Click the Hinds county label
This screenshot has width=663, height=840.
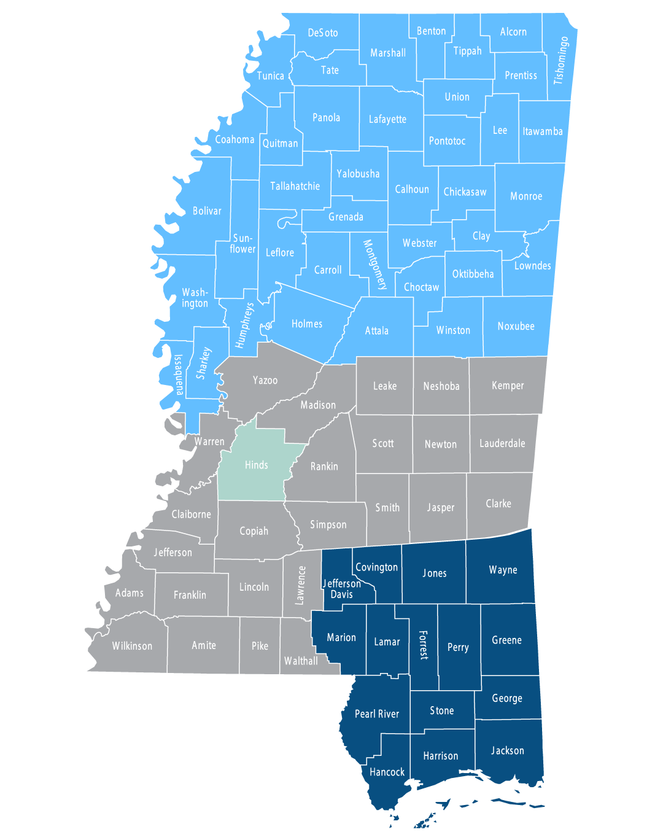[256, 465]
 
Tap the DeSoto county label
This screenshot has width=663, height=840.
[323, 33]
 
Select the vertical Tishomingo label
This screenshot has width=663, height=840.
[561, 60]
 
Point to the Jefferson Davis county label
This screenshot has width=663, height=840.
[342, 589]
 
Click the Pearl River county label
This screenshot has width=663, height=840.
[377, 714]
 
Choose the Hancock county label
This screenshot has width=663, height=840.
[387, 772]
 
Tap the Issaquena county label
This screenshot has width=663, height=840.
[179, 375]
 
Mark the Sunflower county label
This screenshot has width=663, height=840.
[242, 243]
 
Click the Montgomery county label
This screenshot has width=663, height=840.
[375, 265]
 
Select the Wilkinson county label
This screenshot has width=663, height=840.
[132, 646]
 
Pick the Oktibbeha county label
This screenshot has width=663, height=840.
[473, 274]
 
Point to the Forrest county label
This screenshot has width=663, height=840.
[423, 645]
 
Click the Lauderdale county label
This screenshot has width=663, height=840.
[502, 443]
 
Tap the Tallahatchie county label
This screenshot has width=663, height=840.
[295, 186]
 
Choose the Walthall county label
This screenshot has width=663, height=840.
[301, 661]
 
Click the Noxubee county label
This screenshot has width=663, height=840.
[516, 326]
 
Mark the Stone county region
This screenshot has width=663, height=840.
[442, 710]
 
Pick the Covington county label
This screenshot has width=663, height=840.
[377, 567]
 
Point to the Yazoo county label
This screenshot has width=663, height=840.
[265, 380]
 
